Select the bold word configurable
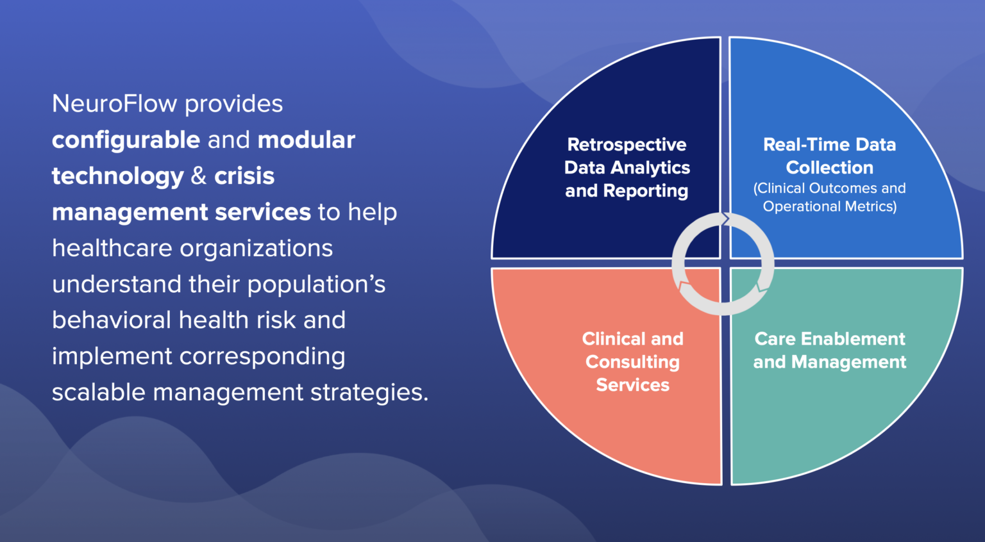click(x=126, y=140)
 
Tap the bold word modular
click(x=306, y=140)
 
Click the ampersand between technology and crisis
click(x=199, y=176)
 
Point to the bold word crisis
click(x=244, y=176)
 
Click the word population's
click(x=316, y=284)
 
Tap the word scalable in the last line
click(x=99, y=393)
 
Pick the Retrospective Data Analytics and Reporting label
click(x=627, y=168)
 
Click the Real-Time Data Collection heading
click(x=829, y=156)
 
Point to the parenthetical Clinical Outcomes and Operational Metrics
click(x=829, y=197)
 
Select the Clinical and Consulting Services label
click(x=632, y=362)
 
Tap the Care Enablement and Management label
click(x=829, y=350)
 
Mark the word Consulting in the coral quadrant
click(x=632, y=362)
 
